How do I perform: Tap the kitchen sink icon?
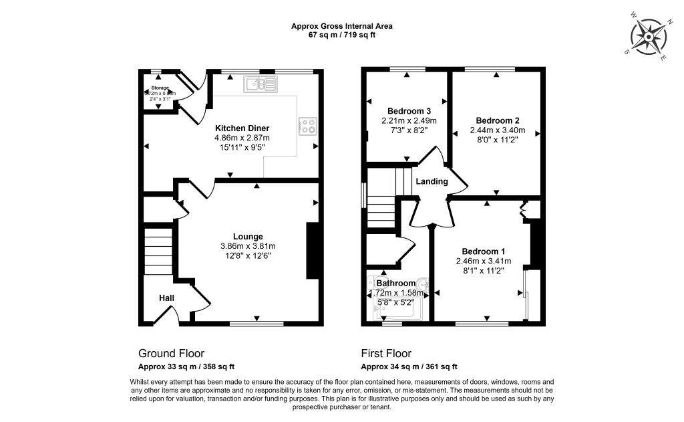pos(261,84)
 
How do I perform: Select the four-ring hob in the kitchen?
pos(308,126)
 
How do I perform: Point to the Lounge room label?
pos(248,236)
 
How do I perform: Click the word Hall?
pos(167,298)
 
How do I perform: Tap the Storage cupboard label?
pos(160,88)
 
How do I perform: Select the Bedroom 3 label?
pos(409,111)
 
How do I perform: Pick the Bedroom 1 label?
pos(484,251)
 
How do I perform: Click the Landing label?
pos(432,181)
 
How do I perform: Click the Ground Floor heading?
pos(171,353)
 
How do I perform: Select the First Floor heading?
pos(386,353)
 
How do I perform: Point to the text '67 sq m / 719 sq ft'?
pos(341,35)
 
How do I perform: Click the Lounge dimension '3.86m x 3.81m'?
pos(248,246)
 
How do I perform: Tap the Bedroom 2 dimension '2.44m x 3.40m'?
pos(498,130)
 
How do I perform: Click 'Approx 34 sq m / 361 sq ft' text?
pos(409,366)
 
